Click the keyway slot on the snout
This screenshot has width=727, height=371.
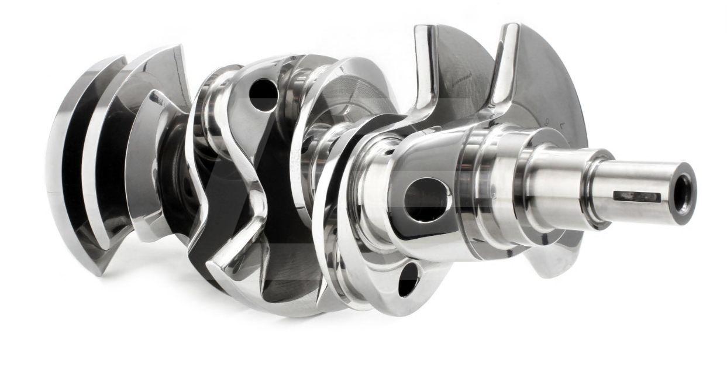coord(637,196)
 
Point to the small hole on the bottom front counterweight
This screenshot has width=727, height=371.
coord(408,279)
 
